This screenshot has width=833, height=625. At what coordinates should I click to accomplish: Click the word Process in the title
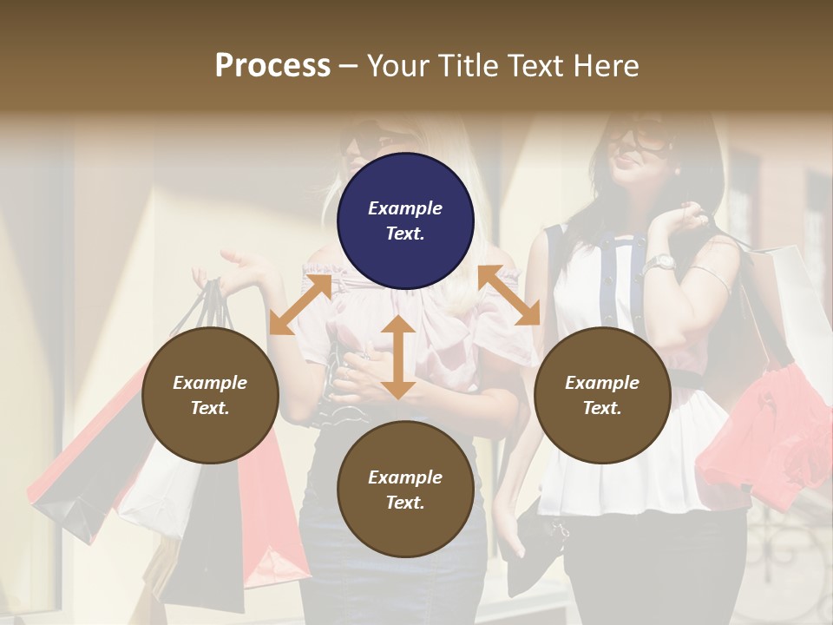pos(272,66)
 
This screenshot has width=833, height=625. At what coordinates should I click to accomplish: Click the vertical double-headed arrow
pos(398,357)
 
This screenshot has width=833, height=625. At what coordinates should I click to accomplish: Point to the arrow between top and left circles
pos(300,304)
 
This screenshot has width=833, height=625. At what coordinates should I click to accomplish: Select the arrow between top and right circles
pos(508,296)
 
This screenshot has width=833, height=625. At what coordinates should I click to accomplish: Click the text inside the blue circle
pos(405,220)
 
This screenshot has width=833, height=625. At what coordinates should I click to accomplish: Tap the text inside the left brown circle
pos(210,395)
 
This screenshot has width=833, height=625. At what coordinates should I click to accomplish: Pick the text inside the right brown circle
pos(602,395)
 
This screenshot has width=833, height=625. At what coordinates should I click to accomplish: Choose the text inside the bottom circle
pos(405,490)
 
